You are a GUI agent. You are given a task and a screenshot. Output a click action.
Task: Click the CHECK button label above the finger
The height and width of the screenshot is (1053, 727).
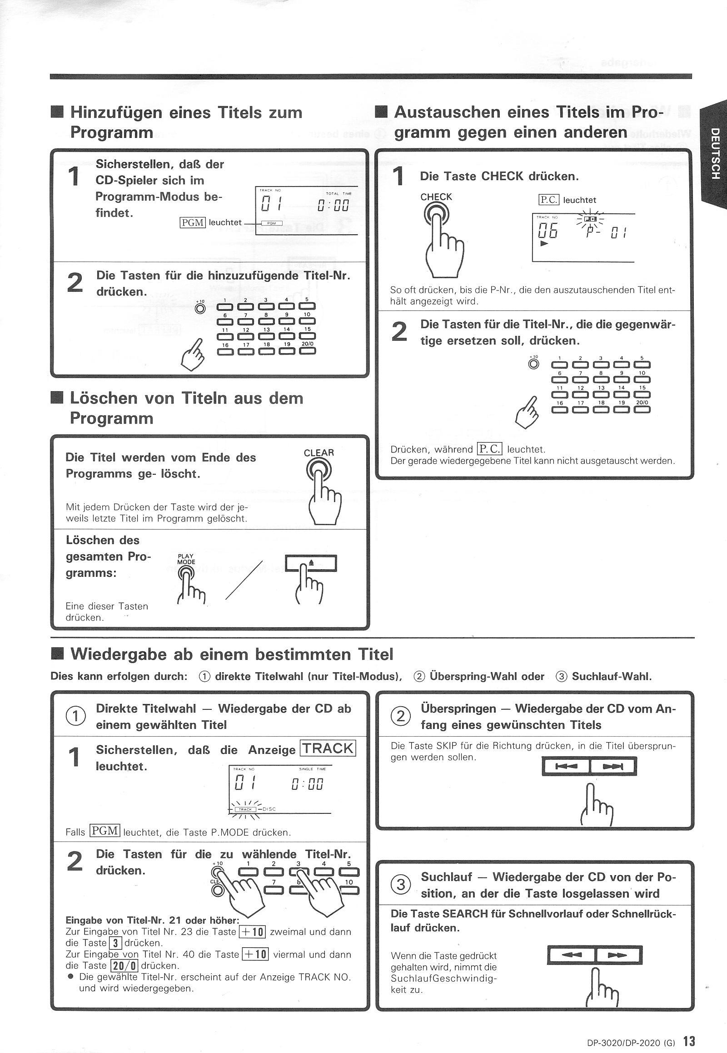tap(436, 197)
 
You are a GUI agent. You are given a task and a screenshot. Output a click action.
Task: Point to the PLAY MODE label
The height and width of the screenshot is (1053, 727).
tap(186, 559)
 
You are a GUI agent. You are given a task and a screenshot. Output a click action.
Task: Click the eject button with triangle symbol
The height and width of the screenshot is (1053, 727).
tap(311, 563)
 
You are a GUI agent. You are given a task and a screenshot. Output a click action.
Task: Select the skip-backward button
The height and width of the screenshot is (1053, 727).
tap(566, 767)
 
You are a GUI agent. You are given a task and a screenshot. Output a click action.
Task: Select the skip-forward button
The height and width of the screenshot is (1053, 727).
tap(613, 767)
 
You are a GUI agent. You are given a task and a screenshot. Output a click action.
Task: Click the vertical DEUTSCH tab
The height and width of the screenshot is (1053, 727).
tap(715, 153)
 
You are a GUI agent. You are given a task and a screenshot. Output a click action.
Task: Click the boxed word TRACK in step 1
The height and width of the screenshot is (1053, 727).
tap(328, 748)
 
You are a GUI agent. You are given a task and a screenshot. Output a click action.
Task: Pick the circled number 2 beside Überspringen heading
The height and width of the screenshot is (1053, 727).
tap(401, 717)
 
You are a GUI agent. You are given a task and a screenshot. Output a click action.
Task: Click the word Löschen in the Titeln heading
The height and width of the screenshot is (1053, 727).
tap(104, 398)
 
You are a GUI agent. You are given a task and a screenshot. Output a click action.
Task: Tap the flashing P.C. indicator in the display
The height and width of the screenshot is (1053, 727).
tap(590, 219)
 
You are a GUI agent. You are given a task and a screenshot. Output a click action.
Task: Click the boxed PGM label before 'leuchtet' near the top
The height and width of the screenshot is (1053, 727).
tap(193, 222)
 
